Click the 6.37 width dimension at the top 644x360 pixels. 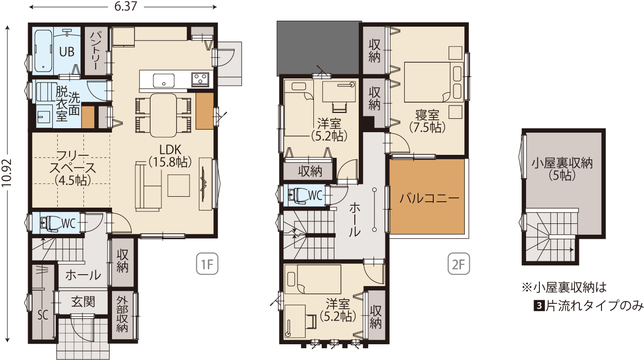coord(125,6)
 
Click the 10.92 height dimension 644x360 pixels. coord(6,173)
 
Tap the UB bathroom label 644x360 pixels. coord(67,52)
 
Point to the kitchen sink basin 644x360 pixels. coord(163,80)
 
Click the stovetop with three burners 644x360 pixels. coord(200,79)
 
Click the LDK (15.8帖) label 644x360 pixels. coord(170,156)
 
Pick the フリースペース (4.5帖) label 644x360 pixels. coord(73,168)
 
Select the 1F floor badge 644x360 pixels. coord(207,264)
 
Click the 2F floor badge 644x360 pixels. coord(458,264)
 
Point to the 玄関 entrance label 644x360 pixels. coord(83,302)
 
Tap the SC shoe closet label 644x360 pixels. coord(43,315)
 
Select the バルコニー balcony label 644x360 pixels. coord(429,198)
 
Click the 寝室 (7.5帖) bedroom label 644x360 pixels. coord(427,121)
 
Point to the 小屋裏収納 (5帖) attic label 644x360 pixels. coord(562,170)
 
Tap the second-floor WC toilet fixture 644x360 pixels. coord(298,196)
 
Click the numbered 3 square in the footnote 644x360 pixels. coord(539,306)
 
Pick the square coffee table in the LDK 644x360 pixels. coord(179,185)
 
